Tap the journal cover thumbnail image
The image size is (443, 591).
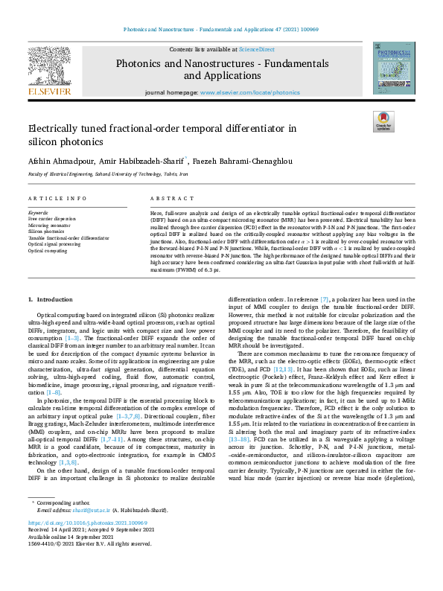pos(392,68)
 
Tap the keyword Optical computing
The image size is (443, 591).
pos(48,251)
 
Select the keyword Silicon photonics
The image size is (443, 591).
pos(47,230)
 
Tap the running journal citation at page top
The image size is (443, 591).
pos(221,31)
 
